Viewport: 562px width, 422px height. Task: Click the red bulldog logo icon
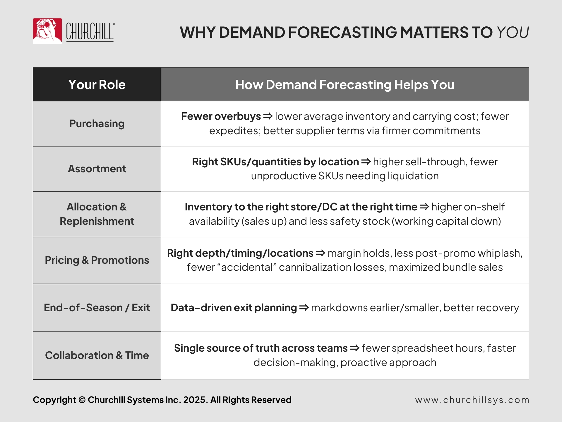click(x=47, y=31)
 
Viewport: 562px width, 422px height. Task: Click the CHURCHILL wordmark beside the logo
click(x=90, y=32)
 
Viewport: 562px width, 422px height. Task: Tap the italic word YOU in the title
click(x=513, y=32)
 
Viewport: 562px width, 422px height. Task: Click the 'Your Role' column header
click(x=97, y=85)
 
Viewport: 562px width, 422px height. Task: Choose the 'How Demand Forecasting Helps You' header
click(x=345, y=85)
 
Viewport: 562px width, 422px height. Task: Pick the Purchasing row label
click(x=97, y=124)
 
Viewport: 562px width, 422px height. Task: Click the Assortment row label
click(x=97, y=169)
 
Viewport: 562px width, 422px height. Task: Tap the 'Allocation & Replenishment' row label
click(x=97, y=214)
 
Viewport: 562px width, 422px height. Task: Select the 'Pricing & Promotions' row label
click(x=97, y=260)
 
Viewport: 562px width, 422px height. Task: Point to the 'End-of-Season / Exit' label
click(x=97, y=308)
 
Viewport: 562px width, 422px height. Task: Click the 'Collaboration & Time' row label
click(x=97, y=355)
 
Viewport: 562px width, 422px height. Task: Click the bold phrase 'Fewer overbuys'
click(x=221, y=117)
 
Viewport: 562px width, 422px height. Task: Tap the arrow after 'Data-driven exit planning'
click(x=304, y=308)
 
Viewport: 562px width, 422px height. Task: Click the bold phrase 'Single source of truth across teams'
click(x=261, y=348)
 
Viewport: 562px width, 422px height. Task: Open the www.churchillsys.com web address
click(x=472, y=400)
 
